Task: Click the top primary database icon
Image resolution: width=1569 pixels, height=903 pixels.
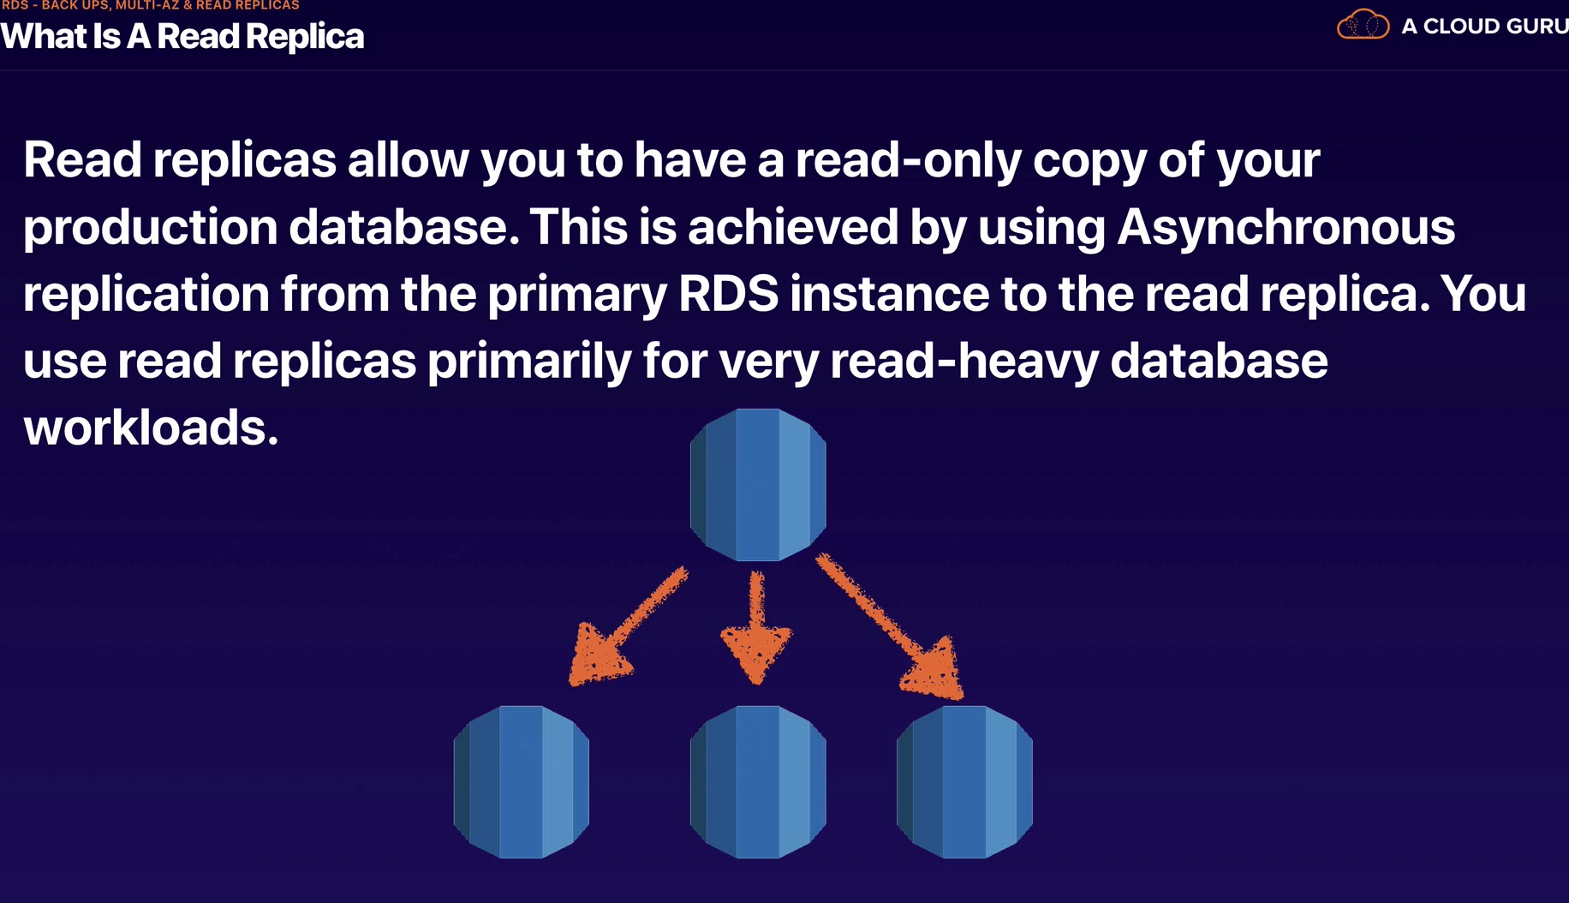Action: click(x=758, y=485)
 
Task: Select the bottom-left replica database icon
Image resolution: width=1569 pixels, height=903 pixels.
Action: click(x=522, y=781)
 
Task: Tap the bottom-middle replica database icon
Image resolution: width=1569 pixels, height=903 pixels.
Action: click(x=758, y=781)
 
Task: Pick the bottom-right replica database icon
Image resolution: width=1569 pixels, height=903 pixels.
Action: click(x=964, y=781)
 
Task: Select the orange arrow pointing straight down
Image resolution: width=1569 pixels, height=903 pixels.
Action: click(x=756, y=630)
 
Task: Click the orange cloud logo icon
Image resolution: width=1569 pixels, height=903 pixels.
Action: click(x=1363, y=25)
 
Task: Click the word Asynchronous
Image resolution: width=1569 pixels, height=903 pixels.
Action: click(x=1286, y=227)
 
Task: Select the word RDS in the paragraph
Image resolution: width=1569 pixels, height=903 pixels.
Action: click(x=728, y=294)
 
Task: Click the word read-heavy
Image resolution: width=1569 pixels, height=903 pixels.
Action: click(x=964, y=361)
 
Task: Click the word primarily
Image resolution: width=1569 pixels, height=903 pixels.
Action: click(x=529, y=361)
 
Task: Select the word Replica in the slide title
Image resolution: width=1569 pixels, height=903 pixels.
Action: click(x=304, y=37)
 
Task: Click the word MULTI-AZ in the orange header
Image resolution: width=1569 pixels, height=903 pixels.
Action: click(x=146, y=5)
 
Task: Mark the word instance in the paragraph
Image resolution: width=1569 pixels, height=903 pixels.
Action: click(x=889, y=294)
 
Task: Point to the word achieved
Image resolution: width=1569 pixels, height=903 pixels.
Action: click(x=792, y=227)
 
